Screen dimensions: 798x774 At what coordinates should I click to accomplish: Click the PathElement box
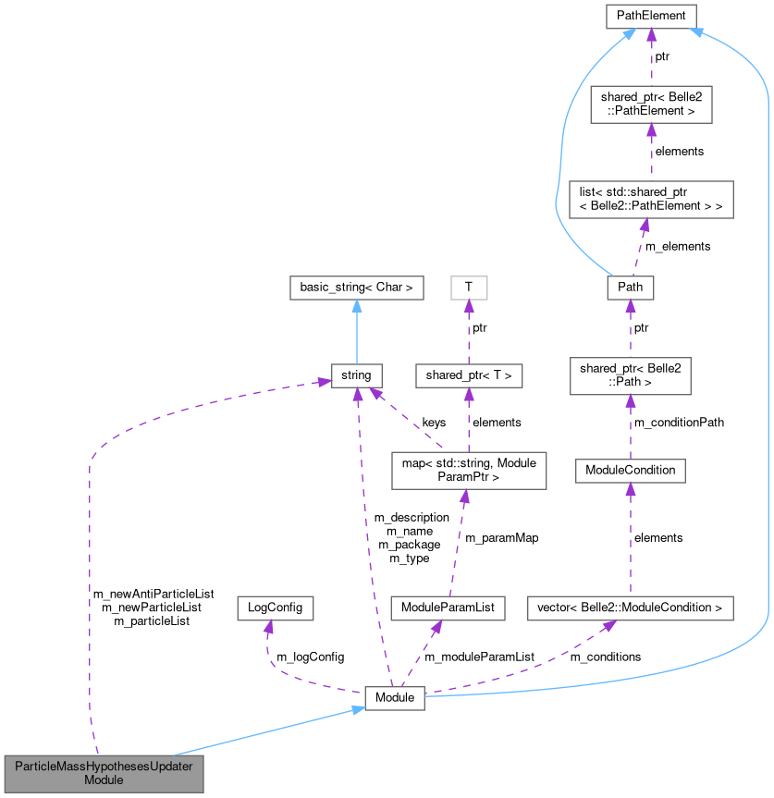click(651, 15)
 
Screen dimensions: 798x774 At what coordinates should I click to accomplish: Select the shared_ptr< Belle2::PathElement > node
click(651, 104)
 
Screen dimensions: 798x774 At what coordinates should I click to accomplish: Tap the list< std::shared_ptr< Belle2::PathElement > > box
click(651, 200)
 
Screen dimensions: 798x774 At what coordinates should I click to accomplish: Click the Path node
click(630, 289)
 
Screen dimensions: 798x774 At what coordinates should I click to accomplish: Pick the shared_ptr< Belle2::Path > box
click(630, 375)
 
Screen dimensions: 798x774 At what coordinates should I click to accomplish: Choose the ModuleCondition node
click(630, 470)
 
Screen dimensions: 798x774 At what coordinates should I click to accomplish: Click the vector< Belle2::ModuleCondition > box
click(630, 608)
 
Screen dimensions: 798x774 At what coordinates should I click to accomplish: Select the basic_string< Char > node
click(356, 288)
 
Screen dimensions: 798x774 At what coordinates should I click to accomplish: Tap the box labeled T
click(469, 288)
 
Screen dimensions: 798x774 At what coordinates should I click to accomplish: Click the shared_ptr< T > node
click(469, 375)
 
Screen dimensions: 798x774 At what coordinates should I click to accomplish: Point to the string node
click(356, 375)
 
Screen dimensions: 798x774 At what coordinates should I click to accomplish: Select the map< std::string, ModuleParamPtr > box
click(469, 470)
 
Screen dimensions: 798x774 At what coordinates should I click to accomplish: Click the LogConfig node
click(275, 608)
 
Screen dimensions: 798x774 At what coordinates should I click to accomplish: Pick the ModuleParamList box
click(448, 608)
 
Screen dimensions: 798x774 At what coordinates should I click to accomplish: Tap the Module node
click(394, 697)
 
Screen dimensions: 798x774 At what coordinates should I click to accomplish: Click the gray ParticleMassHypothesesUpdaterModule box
click(103, 772)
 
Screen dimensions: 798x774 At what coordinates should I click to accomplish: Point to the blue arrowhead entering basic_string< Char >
click(356, 305)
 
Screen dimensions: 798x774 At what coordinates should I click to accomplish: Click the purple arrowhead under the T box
click(469, 305)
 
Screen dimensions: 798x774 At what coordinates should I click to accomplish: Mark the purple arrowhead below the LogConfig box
click(268, 626)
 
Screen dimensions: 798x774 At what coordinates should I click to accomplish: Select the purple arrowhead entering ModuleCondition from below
click(630, 488)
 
